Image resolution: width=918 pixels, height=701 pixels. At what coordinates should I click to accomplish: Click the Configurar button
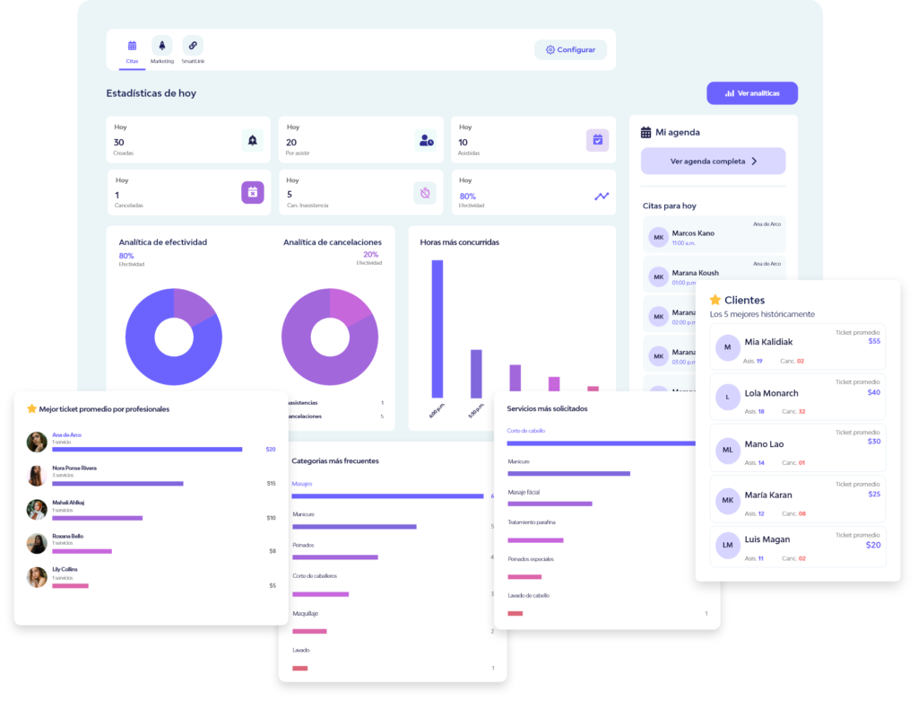click(x=570, y=49)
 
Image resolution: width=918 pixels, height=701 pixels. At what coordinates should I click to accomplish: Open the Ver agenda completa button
click(x=713, y=162)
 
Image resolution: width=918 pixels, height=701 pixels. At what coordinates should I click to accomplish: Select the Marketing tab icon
click(x=162, y=45)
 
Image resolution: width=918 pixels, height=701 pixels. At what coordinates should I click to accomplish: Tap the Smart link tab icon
click(x=193, y=45)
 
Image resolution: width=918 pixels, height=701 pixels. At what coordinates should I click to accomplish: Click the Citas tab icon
click(x=132, y=45)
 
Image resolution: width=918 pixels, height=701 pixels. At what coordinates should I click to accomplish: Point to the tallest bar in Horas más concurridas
click(x=437, y=329)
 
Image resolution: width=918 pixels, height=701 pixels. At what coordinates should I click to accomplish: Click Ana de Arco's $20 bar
click(x=147, y=449)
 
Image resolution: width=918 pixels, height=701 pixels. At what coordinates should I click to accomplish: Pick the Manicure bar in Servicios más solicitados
click(x=568, y=473)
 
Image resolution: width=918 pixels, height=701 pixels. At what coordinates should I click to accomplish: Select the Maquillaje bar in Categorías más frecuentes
click(x=309, y=631)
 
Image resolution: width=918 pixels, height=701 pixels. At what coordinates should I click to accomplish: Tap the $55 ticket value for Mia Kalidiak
click(x=874, y=341)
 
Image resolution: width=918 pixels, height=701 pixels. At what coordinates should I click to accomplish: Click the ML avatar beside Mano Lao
click(x=728, y=448)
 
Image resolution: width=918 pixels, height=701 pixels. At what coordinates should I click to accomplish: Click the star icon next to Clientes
click(x=715, y=300)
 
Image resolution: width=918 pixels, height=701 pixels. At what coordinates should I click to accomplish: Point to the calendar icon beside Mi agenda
click(x=645, y=132)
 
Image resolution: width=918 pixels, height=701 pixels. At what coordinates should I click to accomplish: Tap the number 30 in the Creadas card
click(x=119, y=143)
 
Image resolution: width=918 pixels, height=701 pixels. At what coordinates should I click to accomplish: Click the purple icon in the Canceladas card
click(x=252, y=192)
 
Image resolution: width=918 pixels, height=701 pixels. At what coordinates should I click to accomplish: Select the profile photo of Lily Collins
click(x=37, y=577)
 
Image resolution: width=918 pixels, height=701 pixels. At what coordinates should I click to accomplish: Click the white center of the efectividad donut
click(x=173, y=337)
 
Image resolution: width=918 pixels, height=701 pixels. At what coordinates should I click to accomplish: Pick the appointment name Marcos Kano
click(x=693, y=233)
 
